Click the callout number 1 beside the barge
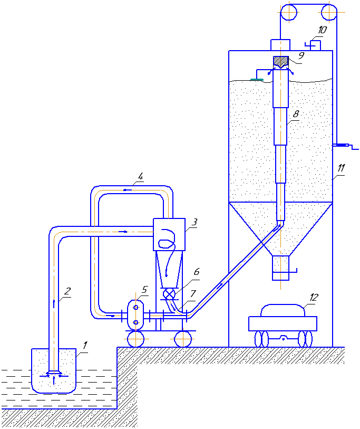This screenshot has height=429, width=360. pos(85,345)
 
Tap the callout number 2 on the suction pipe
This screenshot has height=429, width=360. pos(67,291)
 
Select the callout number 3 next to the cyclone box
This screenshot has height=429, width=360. pos(194,222)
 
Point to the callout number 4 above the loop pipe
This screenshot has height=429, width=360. pos(140,176)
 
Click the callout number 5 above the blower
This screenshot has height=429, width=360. pos(144,290)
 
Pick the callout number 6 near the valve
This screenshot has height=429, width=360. pos(197,272)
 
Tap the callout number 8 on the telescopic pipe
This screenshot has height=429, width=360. pos(296,114)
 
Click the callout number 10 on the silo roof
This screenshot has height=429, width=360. pos(322,30)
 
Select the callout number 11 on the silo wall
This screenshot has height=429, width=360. pos(341,168)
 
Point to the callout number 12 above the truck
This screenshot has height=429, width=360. pos(314,297)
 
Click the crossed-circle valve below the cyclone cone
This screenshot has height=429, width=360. pos(169,294)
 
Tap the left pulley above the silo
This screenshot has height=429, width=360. pos(289,12)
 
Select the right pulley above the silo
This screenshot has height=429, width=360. pos(329,12)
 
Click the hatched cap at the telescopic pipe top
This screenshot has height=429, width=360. pos(281,62)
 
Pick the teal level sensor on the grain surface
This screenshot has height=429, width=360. pos(257,80)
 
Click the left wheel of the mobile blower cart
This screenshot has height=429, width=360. pos(135,339)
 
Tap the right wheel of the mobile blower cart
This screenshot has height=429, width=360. pos(183,339)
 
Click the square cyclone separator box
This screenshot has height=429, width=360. pos(169,234)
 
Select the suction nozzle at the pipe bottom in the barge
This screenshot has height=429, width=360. pos(54,373)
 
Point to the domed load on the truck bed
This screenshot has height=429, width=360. pos(283,310)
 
